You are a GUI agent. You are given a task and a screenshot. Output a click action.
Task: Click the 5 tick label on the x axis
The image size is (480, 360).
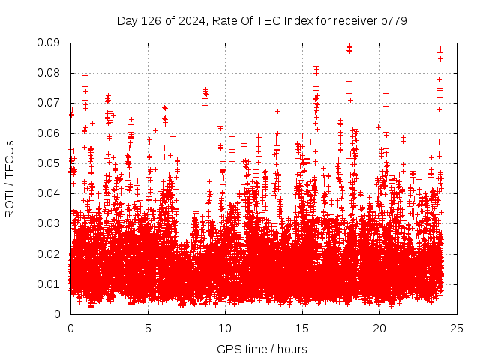point(148,328)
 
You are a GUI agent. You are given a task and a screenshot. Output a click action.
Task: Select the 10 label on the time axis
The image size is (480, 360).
point(225,328)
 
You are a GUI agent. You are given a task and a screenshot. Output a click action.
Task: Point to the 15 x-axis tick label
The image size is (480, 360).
point(302,328)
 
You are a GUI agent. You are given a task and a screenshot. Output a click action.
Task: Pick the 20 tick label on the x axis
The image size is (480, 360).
point(379,328)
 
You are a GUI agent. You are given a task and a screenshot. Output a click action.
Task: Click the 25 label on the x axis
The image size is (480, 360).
point(457,328)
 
